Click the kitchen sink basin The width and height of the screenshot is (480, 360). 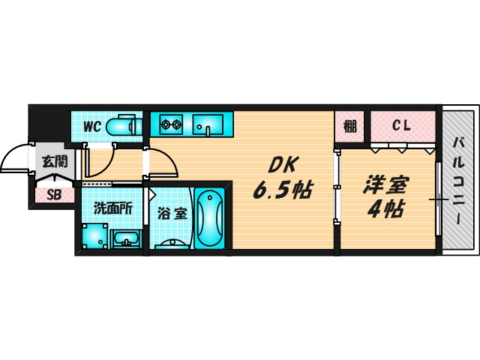point(207,122)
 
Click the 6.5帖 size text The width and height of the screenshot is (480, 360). point(283,191)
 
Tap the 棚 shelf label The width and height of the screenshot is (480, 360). point(350,125)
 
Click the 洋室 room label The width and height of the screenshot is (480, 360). point(387,183)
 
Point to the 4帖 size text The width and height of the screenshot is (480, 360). point(386,208)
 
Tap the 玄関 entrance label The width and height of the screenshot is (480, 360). point(54,160)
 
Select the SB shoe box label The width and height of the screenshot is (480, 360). point(54,196)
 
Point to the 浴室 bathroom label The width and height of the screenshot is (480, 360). point(172,213)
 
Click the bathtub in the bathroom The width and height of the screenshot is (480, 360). point(209,217)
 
